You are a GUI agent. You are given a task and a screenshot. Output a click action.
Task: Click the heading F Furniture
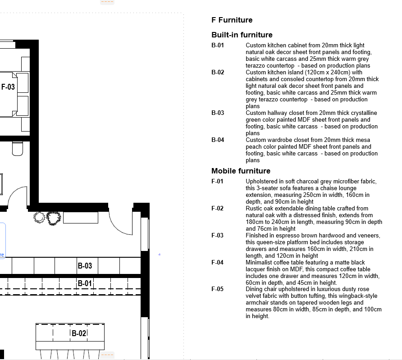pyautogui.click(x=232, y=20)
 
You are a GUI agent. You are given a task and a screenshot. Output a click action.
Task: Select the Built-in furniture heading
pyautogui.click(x=242, y=35)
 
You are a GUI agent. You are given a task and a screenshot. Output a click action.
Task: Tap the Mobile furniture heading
pyautogui.click(x=241, y=171)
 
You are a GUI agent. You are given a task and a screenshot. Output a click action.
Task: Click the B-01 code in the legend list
pyautogui.click(x=218, y=46)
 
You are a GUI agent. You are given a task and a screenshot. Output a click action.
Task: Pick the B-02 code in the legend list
pyautogui.click(x=218, y=73)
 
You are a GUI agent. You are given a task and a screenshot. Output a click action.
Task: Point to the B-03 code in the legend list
pyautogui.click(x=218, y=113)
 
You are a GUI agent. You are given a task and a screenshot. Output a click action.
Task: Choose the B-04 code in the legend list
pyautogui.click(x=218, y=140)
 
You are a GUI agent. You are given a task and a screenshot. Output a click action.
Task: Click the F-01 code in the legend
pyautogui.click(x=217, y=182)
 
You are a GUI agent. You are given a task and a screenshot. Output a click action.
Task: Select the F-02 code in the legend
pyautogui.click(x=217, y=209)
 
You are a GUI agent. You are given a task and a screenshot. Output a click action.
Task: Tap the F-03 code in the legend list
pyautogui.click(x=217, y=236)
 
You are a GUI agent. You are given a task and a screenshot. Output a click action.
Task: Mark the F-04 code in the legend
pyautogui.click(x=217, y=263)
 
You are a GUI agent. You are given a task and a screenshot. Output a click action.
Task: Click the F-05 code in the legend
pyautogui.click(x=217, y=289)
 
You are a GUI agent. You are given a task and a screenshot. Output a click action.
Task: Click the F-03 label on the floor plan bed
pyautogui.click(x=8, y=87)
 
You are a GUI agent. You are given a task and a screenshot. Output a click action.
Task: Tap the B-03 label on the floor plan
pyautogui.click(x=85, y=266)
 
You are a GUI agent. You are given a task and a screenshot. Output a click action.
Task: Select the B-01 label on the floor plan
pyautogui.click(x=85, y=283)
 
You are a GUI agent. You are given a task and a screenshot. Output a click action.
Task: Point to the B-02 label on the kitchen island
pyautogui.click(x=78, y=333)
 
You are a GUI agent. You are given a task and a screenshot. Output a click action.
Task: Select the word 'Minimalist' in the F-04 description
pyautogui.click(x=260, y=263)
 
